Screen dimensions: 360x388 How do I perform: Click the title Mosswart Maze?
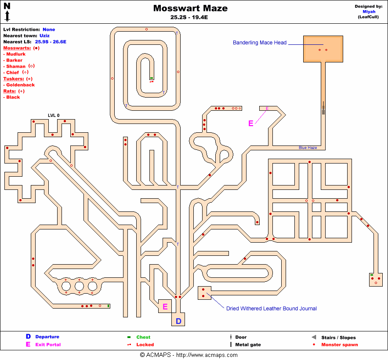click(x=190, y=8)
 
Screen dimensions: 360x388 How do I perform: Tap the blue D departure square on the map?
click(x=178, y=321)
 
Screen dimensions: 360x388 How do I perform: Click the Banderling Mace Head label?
click(x=259, y=43)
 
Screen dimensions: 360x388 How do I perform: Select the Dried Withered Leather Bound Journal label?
click(x=271, y=309)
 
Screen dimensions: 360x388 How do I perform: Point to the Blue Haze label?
click(x=308, y=148)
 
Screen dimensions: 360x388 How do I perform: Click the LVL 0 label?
click(x=54, y=116)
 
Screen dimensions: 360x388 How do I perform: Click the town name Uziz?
click(x=44, y=36)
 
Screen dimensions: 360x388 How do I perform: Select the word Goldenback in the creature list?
click(x=20, y=85)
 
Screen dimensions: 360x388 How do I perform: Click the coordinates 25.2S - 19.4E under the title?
click(x=190, y=18)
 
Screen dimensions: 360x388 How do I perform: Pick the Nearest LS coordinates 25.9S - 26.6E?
click(x=51, y=42)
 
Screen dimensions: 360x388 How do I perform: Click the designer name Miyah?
click(x=368, y=12)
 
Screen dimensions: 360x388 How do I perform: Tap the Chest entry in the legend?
click(x=143, y=337)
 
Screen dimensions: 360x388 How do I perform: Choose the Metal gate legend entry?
click(x=248, y=345)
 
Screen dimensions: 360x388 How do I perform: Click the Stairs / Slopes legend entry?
click(x=338, y=338)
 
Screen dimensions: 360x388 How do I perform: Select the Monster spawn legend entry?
click(x=339, y=345)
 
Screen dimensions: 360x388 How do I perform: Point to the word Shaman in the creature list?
click(x=16, y=66)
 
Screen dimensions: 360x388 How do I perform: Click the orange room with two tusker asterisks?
click(x=323, y=49)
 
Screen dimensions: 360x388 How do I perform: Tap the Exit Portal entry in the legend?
click(x=48, y=345)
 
